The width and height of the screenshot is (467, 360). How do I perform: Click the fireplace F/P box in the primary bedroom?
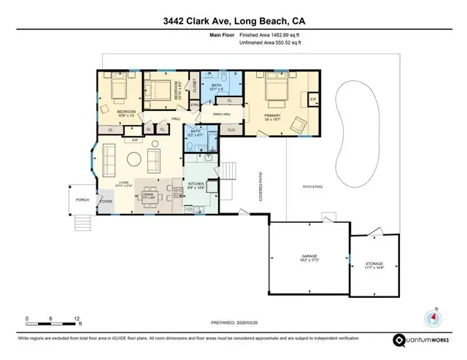point(313,98)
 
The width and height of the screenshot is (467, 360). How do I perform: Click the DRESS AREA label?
point(221,114)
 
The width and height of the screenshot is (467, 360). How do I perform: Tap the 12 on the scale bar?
point(77,319)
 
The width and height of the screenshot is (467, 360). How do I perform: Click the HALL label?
point(176,118)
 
